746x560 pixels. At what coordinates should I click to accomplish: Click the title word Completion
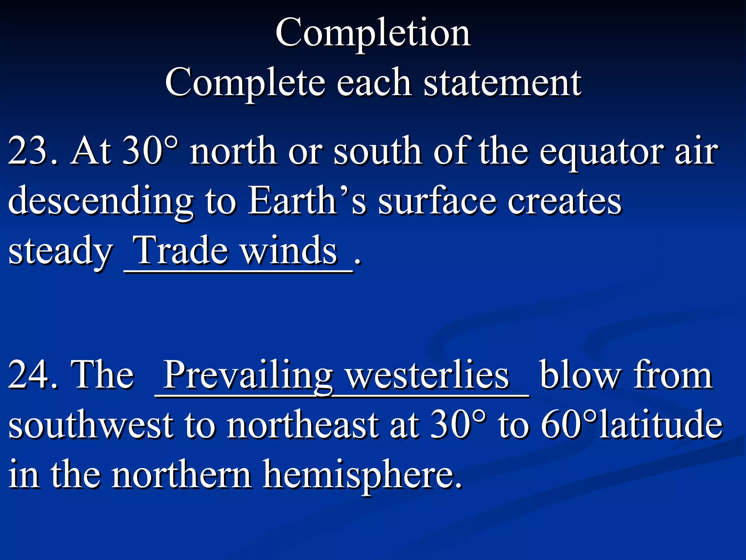373,34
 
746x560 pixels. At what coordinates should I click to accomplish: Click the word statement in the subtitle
502,83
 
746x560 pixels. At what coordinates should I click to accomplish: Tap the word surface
437,201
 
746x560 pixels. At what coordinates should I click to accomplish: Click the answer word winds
289,251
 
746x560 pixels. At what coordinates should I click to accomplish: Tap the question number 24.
32,375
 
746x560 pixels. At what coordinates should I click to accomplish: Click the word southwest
91,425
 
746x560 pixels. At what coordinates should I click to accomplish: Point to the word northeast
302,425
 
